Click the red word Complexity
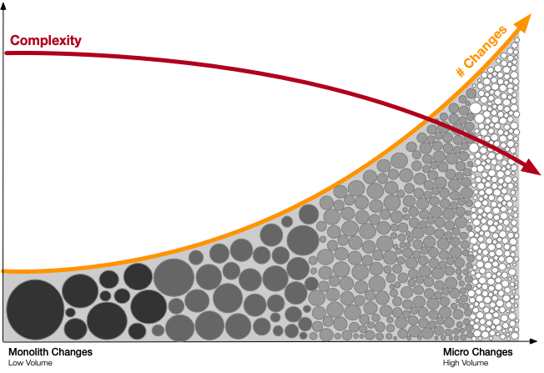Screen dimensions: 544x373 click(x=45, y=41)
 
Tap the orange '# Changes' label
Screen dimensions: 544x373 click(x=481, y=51)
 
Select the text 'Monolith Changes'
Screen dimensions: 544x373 click(x=50, y=352)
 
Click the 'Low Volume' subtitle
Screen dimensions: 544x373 click(x=30, y=363)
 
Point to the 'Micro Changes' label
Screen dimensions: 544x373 click(x=478, y=352)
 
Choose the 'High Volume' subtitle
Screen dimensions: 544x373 click(x=466, y=363)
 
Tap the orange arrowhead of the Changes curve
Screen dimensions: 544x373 click(x=522, y=23)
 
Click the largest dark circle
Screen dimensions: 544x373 click(x=35, y=310)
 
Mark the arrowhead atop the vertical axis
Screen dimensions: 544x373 click(x=3, y=6)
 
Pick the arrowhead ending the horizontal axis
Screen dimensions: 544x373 click(x=533, y=341)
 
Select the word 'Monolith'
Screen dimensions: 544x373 click(x=28, y=352)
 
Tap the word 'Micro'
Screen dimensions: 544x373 click(x=456, y=352)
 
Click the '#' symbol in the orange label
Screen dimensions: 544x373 click(x=461, y=72)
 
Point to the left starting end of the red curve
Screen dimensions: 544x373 click(x=7, y=53)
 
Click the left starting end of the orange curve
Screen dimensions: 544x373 click(x=3, y=271)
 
